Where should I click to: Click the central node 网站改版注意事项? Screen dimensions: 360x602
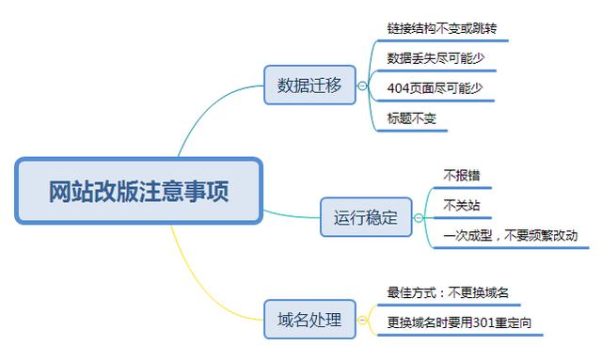[138, 191]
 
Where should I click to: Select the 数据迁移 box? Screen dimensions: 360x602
[309, 86]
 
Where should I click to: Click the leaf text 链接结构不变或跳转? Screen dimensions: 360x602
[441, 28]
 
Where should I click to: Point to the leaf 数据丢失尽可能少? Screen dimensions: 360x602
[436, 58]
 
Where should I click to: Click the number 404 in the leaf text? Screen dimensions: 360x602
[397, 88]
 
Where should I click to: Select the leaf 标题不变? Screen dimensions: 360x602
[412, 118]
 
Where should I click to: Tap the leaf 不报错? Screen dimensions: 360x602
[455, 175]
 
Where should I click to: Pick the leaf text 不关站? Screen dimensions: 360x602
[455, 203]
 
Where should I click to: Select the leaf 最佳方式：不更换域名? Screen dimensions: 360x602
[448, 292]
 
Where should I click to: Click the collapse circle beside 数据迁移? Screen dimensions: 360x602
[361, 86]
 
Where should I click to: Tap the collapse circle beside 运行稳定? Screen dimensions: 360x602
[419, 218]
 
